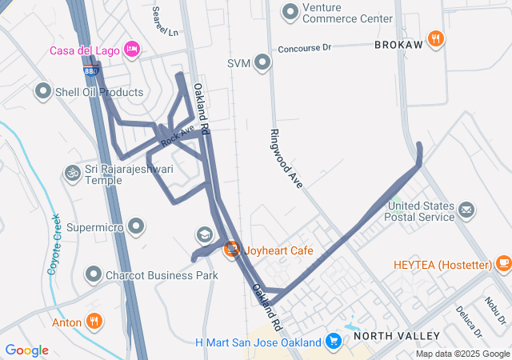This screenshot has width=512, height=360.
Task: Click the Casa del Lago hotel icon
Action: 133,50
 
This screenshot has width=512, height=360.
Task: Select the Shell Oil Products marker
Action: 42,92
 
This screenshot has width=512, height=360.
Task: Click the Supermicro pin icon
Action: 137,227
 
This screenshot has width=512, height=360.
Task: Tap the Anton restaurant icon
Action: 94,322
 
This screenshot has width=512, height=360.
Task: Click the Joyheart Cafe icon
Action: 231,250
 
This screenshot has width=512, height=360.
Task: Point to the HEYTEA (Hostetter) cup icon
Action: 502,264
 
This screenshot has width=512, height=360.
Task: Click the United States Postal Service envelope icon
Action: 466,210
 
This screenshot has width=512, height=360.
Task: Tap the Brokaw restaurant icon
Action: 436,38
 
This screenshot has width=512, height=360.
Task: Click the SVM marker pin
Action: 262,63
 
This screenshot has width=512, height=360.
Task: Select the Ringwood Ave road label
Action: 286,158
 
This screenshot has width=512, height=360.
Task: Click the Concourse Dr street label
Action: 304,49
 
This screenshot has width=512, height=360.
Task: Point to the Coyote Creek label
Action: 54,244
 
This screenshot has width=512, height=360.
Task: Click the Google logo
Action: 27,350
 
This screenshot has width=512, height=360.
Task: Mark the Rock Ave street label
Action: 177,135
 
